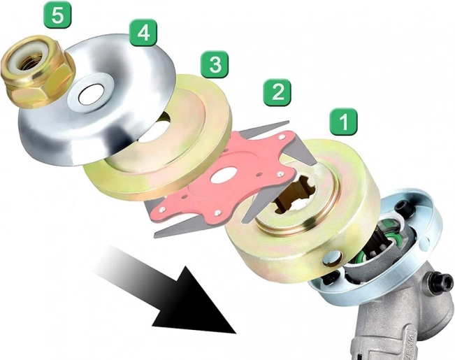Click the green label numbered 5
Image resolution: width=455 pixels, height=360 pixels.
coord(58,15)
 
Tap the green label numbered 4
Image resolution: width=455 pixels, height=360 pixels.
coord(143,33)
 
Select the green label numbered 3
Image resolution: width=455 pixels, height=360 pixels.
coord(215,64)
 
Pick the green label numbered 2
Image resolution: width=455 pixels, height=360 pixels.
coord(277,92)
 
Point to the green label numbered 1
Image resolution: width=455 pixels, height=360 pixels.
coord(344,122)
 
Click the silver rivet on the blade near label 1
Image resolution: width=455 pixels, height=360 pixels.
coord(280,174)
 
